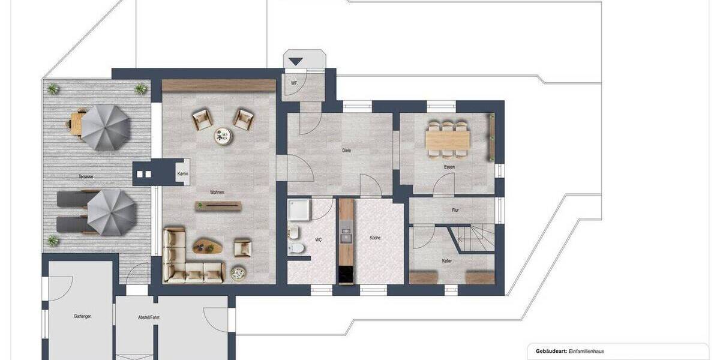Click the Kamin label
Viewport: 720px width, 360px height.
click(x=182, y=173)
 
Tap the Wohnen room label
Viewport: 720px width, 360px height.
click(x=217, y=193)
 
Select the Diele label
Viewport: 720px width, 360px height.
click(x=347, y=151)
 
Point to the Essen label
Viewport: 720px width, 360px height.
click(x=449, y=167)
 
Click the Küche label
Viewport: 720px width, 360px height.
click(x=376, y=238)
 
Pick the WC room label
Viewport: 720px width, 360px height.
click(x=319, y=239)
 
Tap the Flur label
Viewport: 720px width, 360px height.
click(x=455, y=210)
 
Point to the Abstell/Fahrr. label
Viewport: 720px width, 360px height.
click(x=149, y=317)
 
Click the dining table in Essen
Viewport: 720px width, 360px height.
click(x=448, y=139)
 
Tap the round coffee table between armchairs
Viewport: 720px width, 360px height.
click(x=223, y=136)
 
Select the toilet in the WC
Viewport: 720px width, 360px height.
click(x=295, y=249)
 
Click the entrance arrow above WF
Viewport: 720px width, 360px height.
click(x=296, y=61)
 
